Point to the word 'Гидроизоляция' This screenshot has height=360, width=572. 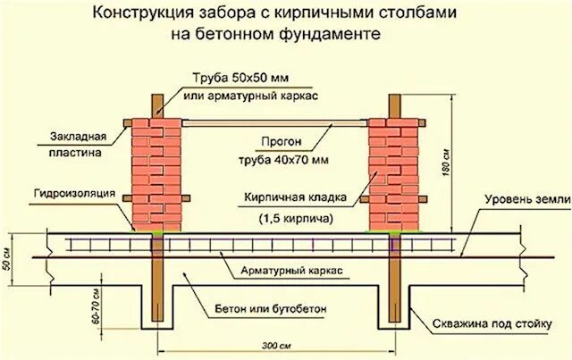[71, 192]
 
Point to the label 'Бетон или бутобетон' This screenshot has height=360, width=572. [270, 309]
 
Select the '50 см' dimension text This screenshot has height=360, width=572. [8, 253]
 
